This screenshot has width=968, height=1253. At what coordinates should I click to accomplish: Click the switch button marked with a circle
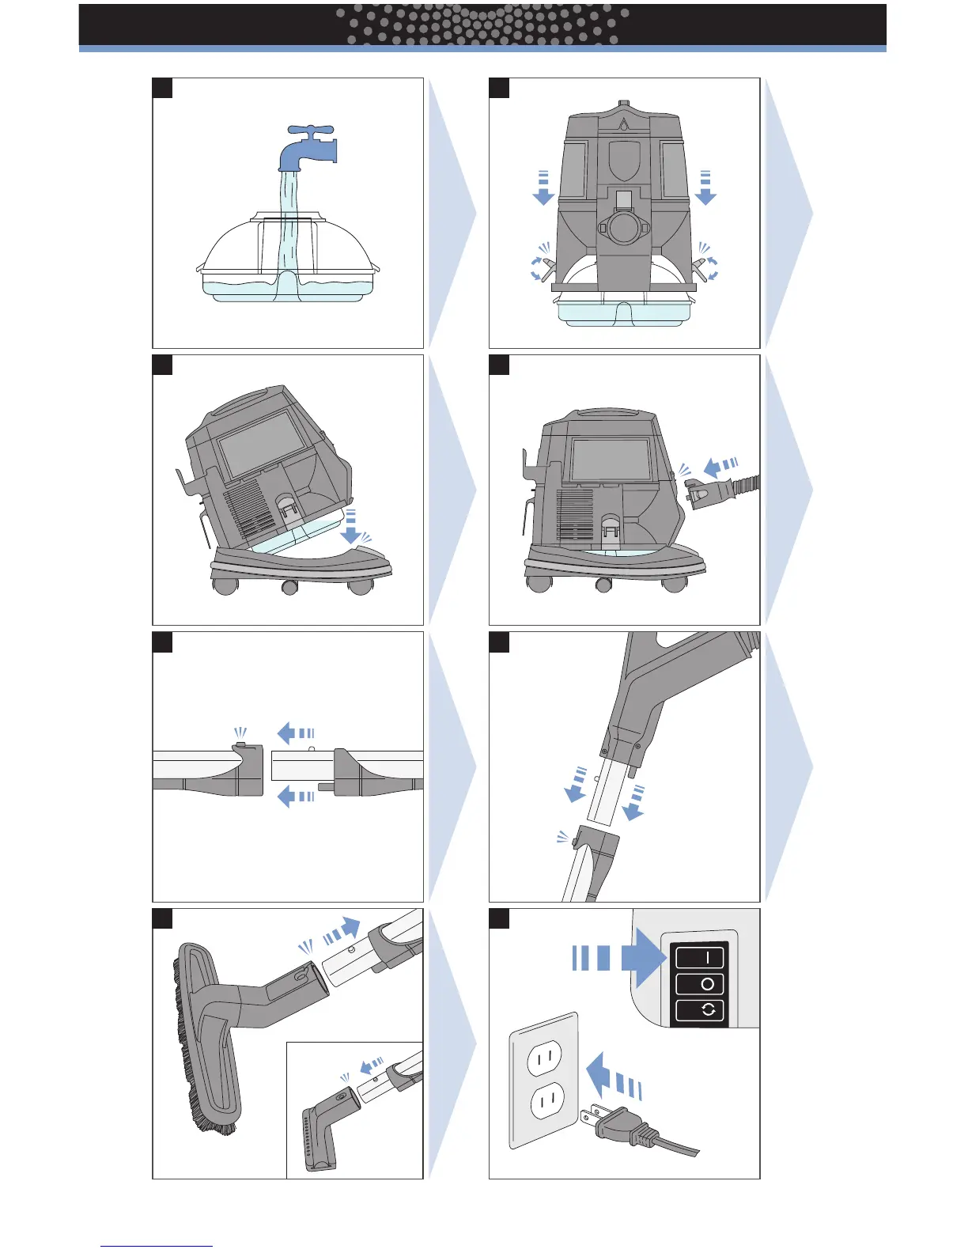700,984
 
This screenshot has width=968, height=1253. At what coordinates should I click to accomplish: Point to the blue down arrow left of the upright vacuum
543,189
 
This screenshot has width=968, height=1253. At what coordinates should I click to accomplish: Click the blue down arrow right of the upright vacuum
705,189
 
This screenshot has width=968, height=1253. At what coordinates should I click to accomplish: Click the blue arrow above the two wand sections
294,733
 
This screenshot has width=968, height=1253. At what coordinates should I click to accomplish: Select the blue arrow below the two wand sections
294,797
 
